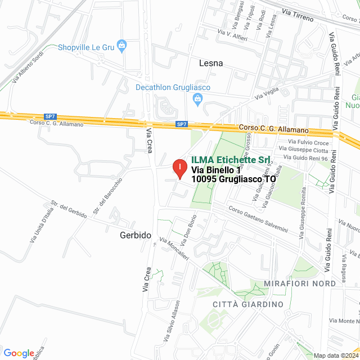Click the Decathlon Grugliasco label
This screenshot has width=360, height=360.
tap(173, 87)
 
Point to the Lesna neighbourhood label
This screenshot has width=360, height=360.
tap(211, 64)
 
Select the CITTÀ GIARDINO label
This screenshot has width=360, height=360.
tap(248, 304)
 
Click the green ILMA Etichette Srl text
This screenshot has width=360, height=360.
tap(231, 160)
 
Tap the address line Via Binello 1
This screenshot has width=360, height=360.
tap(216, 169)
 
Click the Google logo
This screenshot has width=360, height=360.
tap(19, 353)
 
